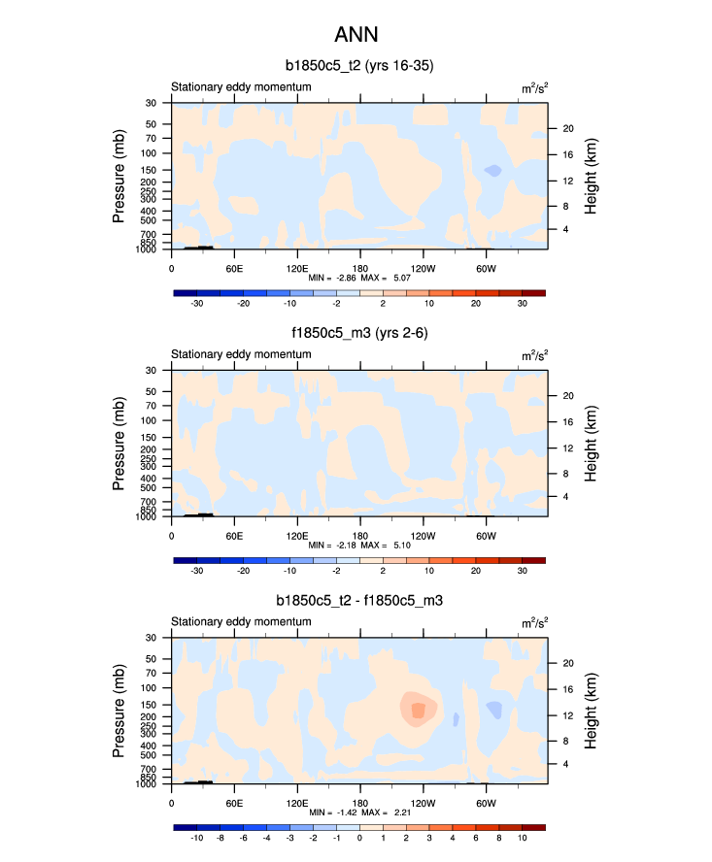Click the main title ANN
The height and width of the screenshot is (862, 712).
click(x=356, y=36)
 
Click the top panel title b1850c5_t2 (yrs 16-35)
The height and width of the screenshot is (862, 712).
click(x=358, y=66)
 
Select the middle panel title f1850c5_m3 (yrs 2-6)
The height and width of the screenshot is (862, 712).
click(x=358, y=334)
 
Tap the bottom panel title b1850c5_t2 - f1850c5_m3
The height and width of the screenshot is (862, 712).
click(x=358, y=601)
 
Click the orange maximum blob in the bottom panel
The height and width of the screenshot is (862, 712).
click(x=418, y=710)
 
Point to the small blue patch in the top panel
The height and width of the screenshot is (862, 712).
click(x=493, y=171)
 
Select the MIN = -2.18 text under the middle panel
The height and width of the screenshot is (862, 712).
click(x=332, y=545)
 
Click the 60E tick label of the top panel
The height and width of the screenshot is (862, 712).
click(x=234, y=268)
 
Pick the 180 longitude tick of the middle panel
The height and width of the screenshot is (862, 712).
click(x=359, y=535)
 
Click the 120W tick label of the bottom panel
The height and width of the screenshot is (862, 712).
click(x=423, y=803)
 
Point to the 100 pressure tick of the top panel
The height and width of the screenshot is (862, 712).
click(x=151, y=153)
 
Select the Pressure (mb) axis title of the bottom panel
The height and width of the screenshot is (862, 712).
click(x=119, y=711)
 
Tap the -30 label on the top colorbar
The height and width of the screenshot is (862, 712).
click(x=196, y=303)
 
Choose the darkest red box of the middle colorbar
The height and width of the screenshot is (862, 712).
click(x=534, y=560)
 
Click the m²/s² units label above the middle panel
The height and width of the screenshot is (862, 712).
click(x=534, y=355)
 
